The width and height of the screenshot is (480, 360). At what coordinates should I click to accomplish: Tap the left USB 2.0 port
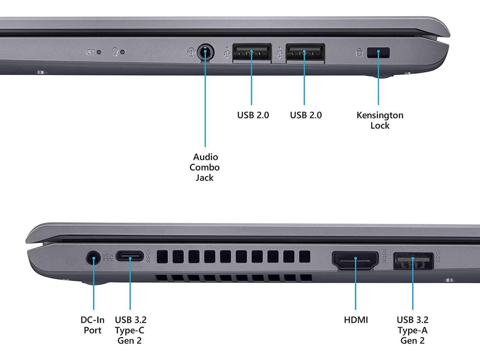click(x=252, y=52)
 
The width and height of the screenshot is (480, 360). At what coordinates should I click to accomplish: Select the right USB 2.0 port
click(x=305, y=52)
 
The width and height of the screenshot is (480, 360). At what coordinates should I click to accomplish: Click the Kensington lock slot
click(x=379, y=52)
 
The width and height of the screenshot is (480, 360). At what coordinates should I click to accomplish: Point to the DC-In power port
click(x=93, y=258)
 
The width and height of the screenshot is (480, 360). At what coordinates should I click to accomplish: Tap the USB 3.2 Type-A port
click(x=413, y=261)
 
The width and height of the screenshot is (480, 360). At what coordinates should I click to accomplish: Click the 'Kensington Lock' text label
click(x=380, y=120)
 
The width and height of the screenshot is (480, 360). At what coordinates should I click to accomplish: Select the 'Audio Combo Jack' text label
click(x=204, y=167)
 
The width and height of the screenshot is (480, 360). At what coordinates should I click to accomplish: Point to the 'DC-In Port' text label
click(x=93, y=325)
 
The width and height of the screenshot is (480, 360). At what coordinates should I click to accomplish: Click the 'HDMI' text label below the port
click(x=356, y=320)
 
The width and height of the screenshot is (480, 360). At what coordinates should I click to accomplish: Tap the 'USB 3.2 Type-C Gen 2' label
click(x=130, y=330)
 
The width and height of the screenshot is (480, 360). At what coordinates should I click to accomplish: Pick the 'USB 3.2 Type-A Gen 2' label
click(x=412, y=330)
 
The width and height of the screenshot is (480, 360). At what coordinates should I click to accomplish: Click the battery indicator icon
click(x=90, y=52)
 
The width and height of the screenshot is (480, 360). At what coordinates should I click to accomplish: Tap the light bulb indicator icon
click(x=115, y=51)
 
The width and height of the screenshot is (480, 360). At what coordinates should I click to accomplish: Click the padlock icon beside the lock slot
click(x=359, y=52)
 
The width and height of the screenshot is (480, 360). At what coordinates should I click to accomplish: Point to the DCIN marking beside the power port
click(x=108, y=257)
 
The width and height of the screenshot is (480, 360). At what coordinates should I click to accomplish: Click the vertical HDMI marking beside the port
click(x=384, y=256)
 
